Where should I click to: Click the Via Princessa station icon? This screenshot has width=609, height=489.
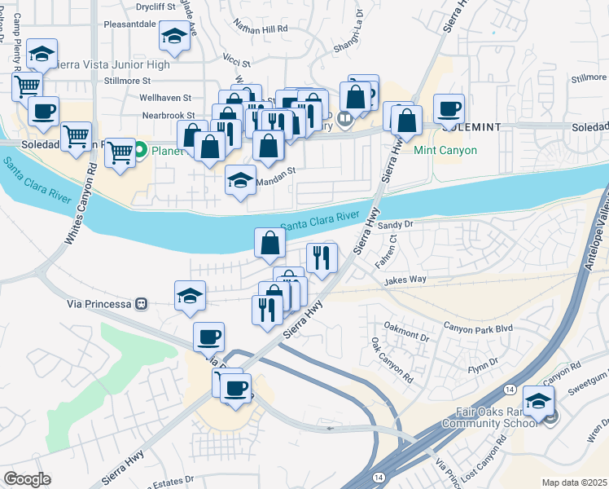click(x=142, y=303)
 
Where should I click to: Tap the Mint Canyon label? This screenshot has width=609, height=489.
click(x=447, y=151)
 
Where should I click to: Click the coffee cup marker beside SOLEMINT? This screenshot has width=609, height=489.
click(x=448, y=108)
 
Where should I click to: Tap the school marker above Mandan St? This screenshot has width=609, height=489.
click(x=240, y=180)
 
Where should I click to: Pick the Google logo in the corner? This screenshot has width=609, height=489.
click(x=27, y=479)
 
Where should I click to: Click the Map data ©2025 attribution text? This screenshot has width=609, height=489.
click(x=574, y=482)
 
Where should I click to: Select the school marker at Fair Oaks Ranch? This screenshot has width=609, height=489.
click(x=537, y=400)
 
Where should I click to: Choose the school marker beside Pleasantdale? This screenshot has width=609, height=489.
click(x=173, y=35)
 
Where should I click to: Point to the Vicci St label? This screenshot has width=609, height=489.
click(x=236, y=59)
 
